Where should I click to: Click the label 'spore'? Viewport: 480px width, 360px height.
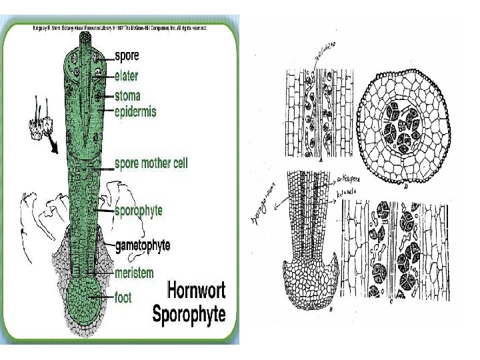pos(127,55)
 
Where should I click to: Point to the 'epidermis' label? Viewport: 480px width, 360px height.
pos(136,111)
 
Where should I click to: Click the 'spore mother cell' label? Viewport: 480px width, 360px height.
pos(151,163)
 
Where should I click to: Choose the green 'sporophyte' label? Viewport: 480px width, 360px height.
pos(139,211)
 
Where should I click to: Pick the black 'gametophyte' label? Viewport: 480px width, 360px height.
pos(143,245)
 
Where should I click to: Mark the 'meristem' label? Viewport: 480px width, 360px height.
pos(134,273)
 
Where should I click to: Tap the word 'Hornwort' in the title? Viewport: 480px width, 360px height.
pos(196,291)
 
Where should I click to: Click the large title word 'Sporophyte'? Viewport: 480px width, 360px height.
pos(189,313)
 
